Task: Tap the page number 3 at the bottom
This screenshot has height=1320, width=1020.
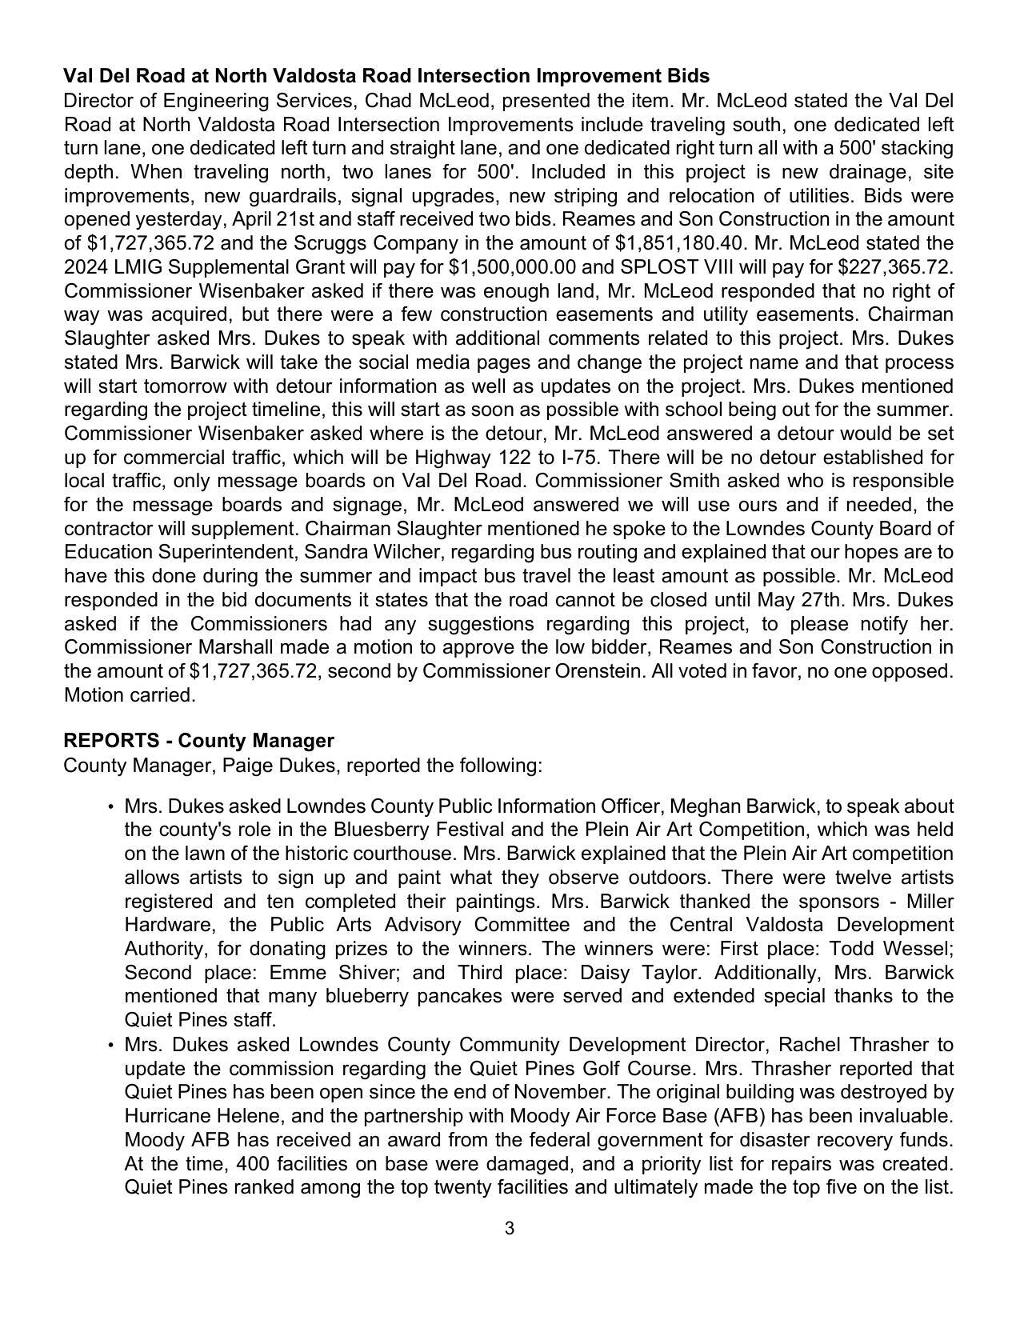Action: click(510, 1229)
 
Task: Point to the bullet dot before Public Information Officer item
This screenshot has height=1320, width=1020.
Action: click(110, 806)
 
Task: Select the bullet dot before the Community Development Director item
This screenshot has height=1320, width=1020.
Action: click(110, 1046)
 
